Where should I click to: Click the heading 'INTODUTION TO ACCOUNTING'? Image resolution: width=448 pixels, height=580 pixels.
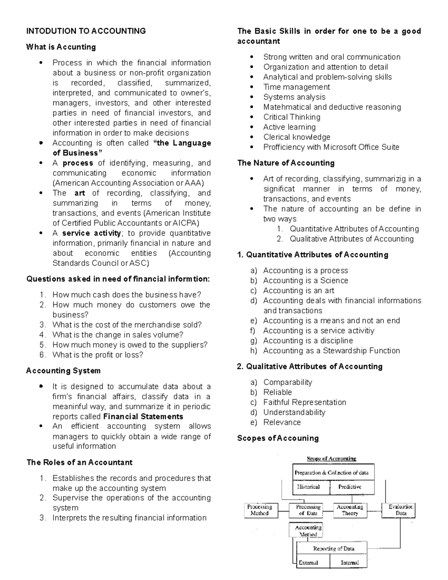[86, 31]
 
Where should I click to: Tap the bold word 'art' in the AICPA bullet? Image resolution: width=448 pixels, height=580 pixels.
[80, 193]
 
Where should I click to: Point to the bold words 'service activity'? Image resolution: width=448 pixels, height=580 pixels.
[91, 233]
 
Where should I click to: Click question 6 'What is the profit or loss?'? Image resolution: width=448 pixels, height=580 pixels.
[97, 355]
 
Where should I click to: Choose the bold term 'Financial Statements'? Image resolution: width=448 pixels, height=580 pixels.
[143, 416]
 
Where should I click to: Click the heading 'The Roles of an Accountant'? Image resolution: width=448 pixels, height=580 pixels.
[80, 462]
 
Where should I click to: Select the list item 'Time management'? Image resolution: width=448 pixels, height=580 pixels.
[296, 87]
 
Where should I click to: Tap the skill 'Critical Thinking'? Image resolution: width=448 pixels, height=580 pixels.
[292, 117]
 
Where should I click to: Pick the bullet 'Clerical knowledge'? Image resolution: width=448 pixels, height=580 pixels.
[296, 137]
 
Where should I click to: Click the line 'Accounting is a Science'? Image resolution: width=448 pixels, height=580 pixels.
[305, 280]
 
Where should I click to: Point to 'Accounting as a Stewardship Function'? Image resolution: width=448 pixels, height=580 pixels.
[331, 351]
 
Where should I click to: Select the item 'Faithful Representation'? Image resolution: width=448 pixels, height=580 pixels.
[305, 402]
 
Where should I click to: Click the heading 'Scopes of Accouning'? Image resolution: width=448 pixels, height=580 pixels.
[278, 438]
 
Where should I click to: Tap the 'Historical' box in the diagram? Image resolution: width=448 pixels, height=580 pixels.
[309, 487]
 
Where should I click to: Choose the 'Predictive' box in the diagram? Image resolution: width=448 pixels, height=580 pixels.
[350, 487]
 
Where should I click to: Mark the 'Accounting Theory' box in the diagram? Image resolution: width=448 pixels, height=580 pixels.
[350, 510]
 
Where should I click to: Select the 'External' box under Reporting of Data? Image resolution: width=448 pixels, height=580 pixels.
[309, 562]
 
